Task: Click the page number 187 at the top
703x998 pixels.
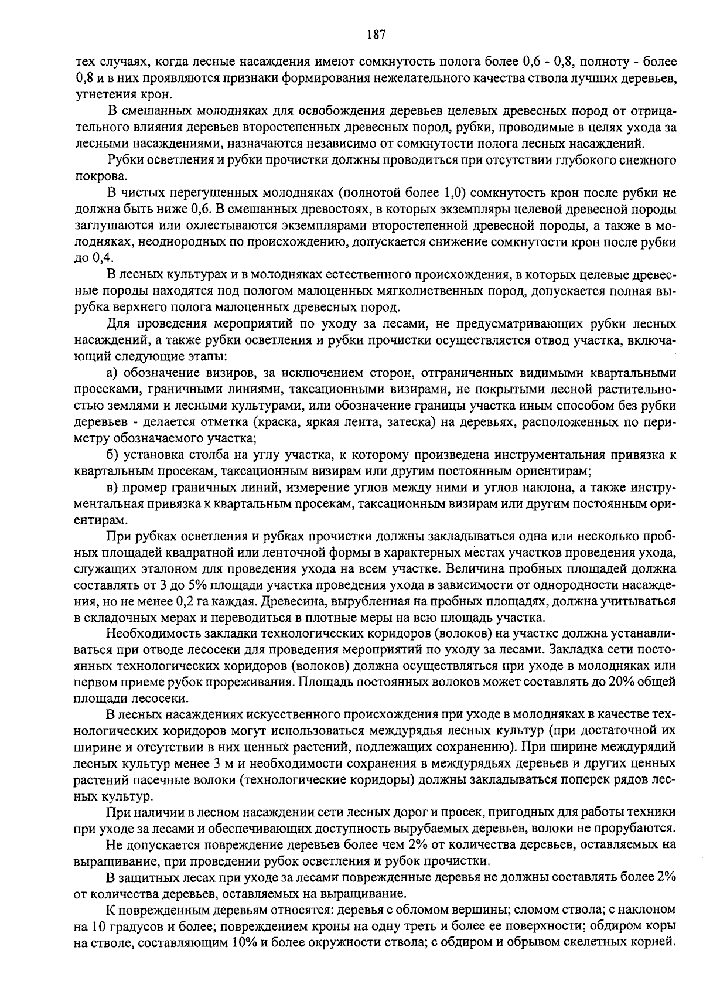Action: (376, 35)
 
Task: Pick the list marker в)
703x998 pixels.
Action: (112, 488)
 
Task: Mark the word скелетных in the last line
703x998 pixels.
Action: (607, 942)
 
